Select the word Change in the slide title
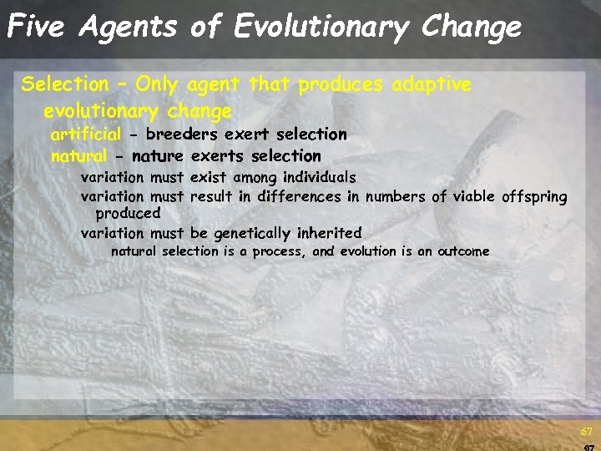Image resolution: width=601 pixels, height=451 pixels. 472,27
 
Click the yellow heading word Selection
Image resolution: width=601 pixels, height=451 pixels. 65,84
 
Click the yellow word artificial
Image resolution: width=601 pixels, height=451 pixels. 86,134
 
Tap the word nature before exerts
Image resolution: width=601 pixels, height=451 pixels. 159,155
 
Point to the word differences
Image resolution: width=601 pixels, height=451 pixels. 300,197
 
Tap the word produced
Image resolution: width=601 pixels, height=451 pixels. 128,214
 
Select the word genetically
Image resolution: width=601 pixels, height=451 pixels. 252,233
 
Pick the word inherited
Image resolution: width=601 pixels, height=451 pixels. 330,233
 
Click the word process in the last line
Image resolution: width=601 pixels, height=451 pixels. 280,251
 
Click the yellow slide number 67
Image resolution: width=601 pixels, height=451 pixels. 587,432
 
